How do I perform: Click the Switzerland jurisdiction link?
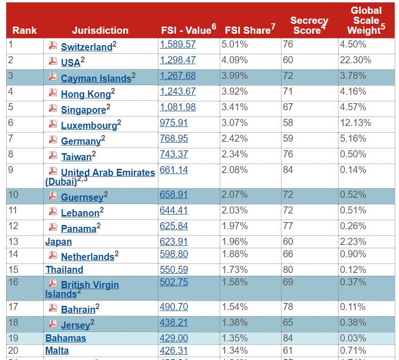pyautogui.click(x=86, y=47)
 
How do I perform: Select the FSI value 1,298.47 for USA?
pyautogui.click(x=177, y=60)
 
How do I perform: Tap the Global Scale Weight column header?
pyautogui.click(x=366, y=20)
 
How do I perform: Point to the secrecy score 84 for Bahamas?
pyautogui.click(x=288, y=338)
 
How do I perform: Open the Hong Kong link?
pyautogui.click(x=86, y=94)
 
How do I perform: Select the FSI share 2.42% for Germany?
pyautogui.click(x=234, y=138)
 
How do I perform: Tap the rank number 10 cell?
pyautogui.click(x=14, y=194)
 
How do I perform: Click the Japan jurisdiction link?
pyautogui.click(x=58, y=242)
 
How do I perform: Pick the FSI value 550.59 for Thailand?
pyautogui.click(x=174, y=269)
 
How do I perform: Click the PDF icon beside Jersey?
pyautogui.click(x=53, y=324)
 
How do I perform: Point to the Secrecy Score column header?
pyautogui.click(x=309, y=26)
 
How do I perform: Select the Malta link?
pyautogui.click(x=57, y=350)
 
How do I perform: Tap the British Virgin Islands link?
pyautogui.click(x=89, y=285)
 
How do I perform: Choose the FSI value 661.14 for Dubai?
pyautogui.click(x=174, y=170)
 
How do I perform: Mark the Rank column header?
pyautogui.click(x=24, y=30)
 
